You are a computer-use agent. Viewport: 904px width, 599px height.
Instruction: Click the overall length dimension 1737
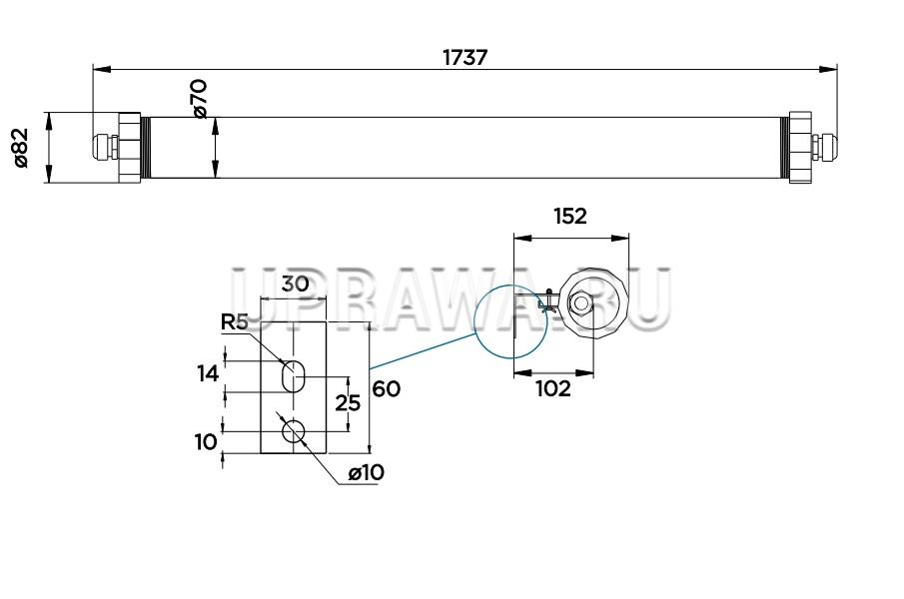[x=465, y=58]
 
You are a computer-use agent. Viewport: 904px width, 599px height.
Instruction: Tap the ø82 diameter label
[x=20, y=148]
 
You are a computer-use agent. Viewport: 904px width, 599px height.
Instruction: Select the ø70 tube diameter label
[x=200, y=99]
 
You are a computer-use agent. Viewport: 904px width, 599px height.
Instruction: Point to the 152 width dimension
[x=570, y=216]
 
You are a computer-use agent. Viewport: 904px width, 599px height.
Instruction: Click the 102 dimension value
[x=553, y=388]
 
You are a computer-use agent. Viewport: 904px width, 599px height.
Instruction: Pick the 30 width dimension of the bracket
[x=295, y=284]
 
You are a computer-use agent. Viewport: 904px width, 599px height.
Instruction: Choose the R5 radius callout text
[x=235, y=322]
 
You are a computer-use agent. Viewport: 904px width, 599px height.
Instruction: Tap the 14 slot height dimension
[x=208, y=374]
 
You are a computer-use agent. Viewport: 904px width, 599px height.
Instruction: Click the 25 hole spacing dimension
[x=349, y=403]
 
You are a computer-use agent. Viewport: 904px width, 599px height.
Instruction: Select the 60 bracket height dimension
[x=387, y=388]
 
